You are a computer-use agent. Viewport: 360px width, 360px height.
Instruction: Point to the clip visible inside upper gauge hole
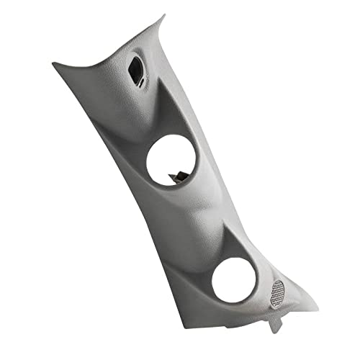click(176, 174)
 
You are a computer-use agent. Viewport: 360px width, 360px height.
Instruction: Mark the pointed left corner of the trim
click(55, 66)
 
